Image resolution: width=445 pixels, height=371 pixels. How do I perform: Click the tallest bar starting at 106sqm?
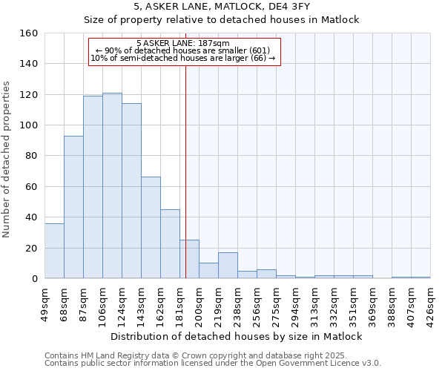pyautogui.click(x=112, y=185)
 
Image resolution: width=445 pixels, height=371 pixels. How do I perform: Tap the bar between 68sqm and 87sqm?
pyautogui.click(x=73, y=207)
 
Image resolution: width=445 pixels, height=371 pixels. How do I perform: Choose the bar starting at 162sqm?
pyautogui.click(x=170, y=244)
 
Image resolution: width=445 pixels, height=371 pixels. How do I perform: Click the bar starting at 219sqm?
pyautogui.click(x=228, y=266)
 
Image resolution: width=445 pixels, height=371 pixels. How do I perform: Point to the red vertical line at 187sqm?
pyautogui.click(x=185, y=171)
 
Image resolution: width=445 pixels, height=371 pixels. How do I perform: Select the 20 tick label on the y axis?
pyautogui.click(x=31, y=248)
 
